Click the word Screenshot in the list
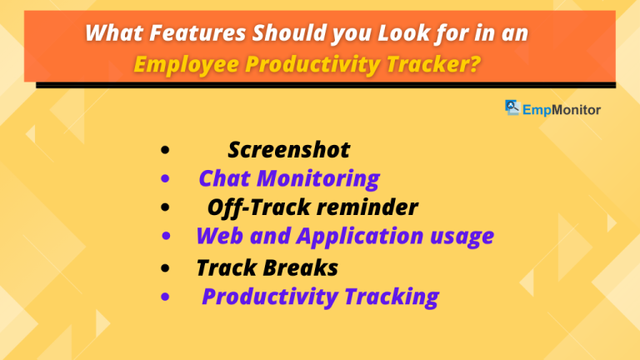coord(288,150)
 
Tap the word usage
coord(464,237)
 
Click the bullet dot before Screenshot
coord(167,152)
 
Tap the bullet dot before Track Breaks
coord(168,268)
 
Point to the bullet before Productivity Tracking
coord(167,297)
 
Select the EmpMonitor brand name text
coord(562,107)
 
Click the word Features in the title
coord(182,34)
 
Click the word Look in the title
coord(398,34)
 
